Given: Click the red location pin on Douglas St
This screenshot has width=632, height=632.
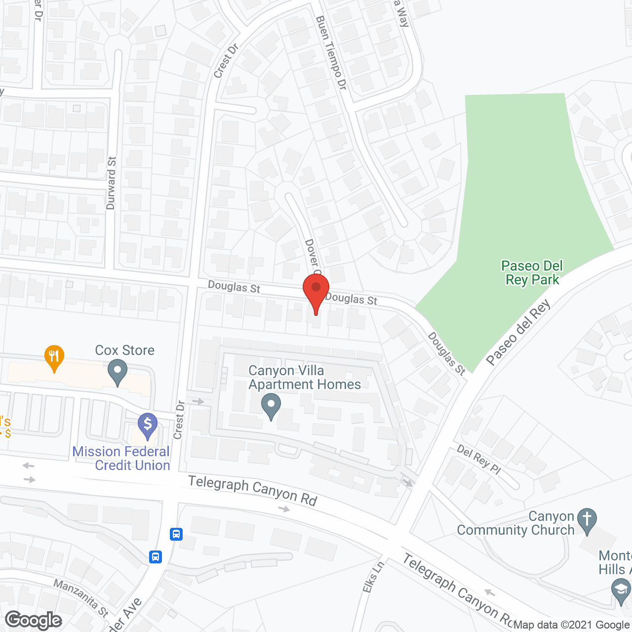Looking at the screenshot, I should (x=316, y=291).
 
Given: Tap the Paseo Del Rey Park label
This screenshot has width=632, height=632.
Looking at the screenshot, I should (x=532, y=273).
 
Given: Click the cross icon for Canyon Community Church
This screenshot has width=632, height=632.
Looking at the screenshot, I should (x=587, y=520).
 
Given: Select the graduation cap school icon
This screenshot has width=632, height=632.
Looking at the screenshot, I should (x=621, y=591).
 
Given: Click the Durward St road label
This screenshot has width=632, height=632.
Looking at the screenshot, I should (x=111, y=183).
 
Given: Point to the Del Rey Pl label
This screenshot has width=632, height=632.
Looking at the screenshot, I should (x=478, y=459).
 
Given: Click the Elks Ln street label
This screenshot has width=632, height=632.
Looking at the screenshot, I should (x=373, y=576).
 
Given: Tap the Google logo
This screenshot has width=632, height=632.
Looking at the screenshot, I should (x=34, y=620).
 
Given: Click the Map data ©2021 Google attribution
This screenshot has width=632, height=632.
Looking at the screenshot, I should (x=572, y=625).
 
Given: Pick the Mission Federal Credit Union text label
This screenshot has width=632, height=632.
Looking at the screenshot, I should (x=121, y=458).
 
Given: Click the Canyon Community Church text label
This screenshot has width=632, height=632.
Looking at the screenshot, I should (x=516, y=523).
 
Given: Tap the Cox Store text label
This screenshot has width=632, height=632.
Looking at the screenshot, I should (x=124, y=350).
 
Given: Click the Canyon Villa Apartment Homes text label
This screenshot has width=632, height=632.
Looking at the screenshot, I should (x=305, y=377).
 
